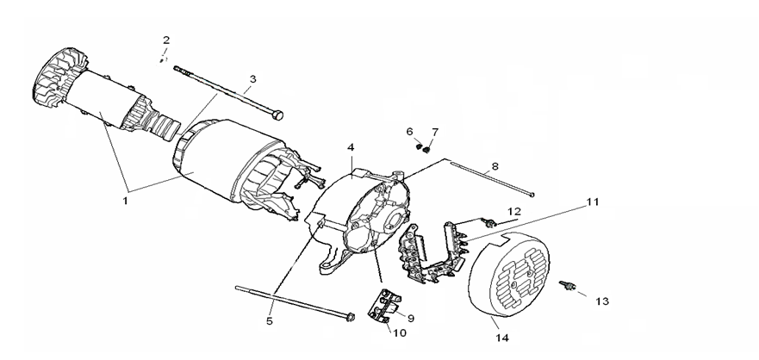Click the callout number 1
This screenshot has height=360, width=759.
pos(125,201)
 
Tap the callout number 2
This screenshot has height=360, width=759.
pos(166,40)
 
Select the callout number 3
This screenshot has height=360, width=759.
pos(252,79)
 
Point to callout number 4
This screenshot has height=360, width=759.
pos(351,148)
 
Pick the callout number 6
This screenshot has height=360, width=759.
pos(411,131)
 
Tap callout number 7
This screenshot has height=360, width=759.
pos(435,132)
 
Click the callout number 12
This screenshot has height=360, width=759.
pos(513,211)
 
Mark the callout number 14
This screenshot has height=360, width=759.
pos(502,338)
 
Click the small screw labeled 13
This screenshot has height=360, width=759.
pos(568,284)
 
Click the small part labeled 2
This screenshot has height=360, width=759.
pos(162,59)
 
